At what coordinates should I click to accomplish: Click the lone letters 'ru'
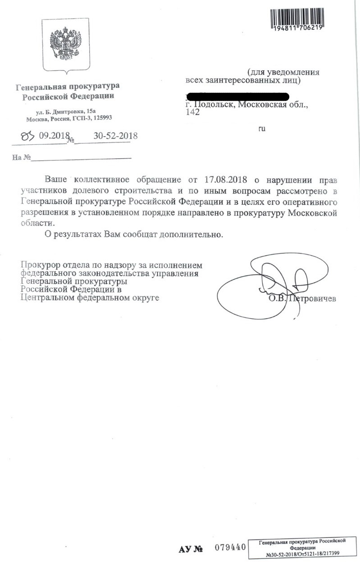pos(262,129)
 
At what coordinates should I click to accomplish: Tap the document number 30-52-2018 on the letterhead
pos(115,135)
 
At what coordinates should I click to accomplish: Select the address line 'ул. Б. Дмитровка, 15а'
pos(66,111)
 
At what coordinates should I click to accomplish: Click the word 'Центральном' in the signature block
pos(48,298)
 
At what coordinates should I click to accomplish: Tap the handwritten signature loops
pos(275,282)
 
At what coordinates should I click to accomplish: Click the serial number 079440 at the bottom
pos(230,548)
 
